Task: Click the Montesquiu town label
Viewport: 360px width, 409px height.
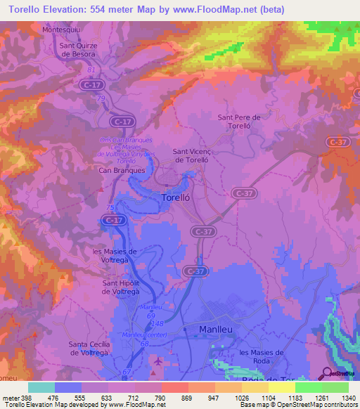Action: pyautogui.click(x=62, y=30)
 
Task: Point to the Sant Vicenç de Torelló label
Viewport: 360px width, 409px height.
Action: pyautogui.click(x=199, y=155)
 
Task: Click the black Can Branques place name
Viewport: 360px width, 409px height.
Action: pyautogui.click(x=122, y=170)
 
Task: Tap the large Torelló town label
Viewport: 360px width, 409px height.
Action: pyautogui.click(x=176, y=197)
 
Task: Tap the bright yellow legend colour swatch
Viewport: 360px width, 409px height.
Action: pyautogui.click(x=281, y=387)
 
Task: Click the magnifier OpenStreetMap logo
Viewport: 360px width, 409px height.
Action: pyautogui.click(x=326, y=373)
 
